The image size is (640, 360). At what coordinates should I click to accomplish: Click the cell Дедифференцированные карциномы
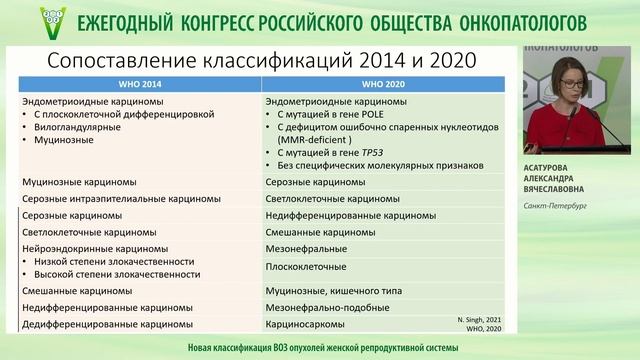tap(95, 324)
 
